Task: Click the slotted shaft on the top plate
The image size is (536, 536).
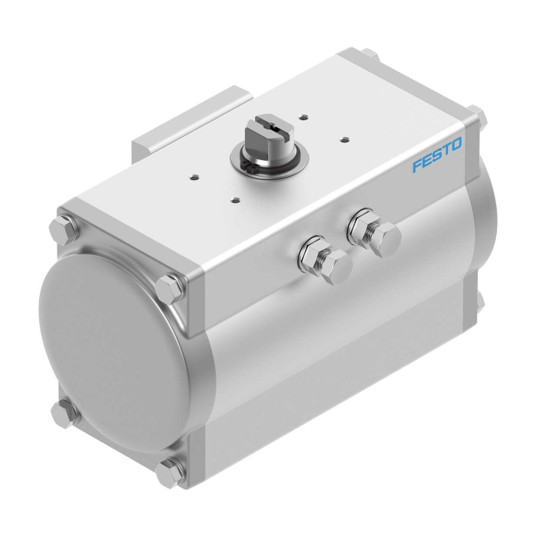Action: coord(261,137)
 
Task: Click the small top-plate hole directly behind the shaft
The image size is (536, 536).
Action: coord(304,116)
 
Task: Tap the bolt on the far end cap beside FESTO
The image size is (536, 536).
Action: coord(479,117)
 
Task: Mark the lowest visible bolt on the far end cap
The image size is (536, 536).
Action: coord(479,299)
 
